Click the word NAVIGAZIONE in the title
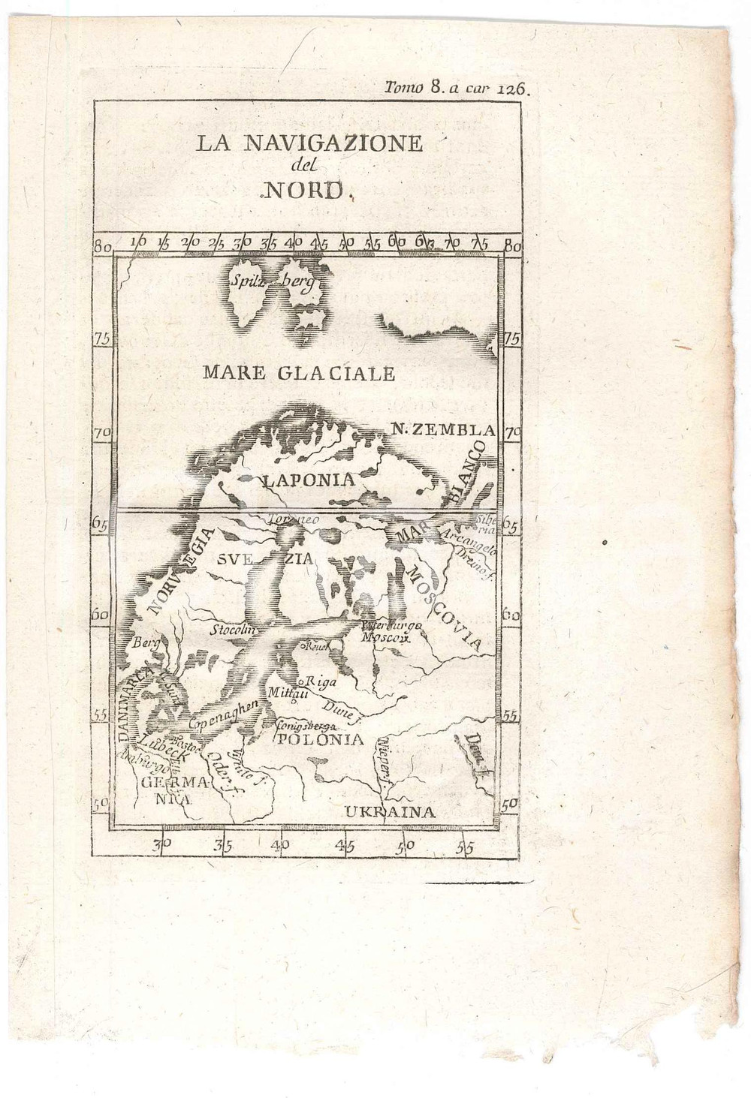tap(333, 143)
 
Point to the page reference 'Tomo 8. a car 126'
tap(457, 88)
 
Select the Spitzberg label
tap(271, 283)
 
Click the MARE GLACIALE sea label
tap(298, 373)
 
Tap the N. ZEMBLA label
tap(444, 430)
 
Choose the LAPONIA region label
tap(308, 480)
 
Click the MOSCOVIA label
tap(442, 608)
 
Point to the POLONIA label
tap(321, 740)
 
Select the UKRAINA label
tap(390, 812)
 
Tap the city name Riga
tap(321, 682)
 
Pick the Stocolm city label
tap(233, 630)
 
